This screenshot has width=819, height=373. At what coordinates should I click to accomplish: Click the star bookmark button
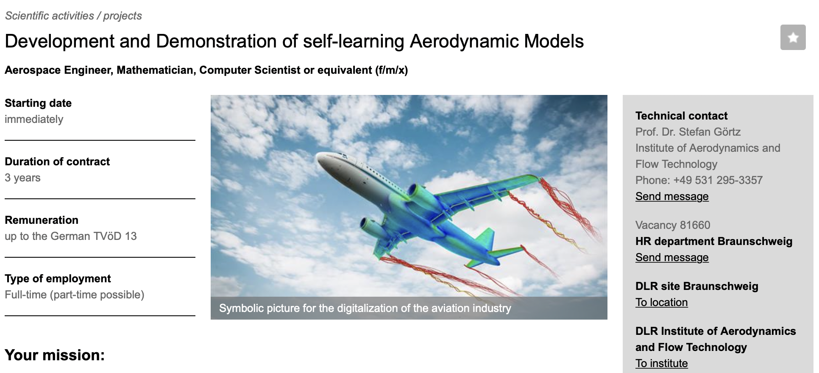click(793, 37)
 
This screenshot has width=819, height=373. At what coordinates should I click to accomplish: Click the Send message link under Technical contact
click(672, 196)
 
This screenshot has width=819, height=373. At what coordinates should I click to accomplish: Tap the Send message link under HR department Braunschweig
click(672, 257)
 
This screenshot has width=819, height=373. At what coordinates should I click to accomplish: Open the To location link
click(661, 302)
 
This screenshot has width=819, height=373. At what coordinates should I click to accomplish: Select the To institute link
click(661, 363)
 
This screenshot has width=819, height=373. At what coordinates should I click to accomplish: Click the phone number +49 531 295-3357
click(718, 180)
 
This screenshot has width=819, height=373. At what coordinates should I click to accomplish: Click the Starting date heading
click(38, 103)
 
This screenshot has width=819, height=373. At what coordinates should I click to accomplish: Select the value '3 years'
click(22, 178)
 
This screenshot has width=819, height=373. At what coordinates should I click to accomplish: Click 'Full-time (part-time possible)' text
click(75, 295)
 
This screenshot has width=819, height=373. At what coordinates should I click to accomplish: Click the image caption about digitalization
click(365, 308)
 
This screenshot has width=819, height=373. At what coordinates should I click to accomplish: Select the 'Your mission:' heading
click(55, 355)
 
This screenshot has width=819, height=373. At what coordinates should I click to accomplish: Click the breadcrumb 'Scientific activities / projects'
click(73, 16)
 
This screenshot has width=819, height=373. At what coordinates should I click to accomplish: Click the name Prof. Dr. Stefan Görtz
click(688, 132)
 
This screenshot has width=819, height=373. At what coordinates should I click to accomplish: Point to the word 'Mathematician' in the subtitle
click(155, 70)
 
